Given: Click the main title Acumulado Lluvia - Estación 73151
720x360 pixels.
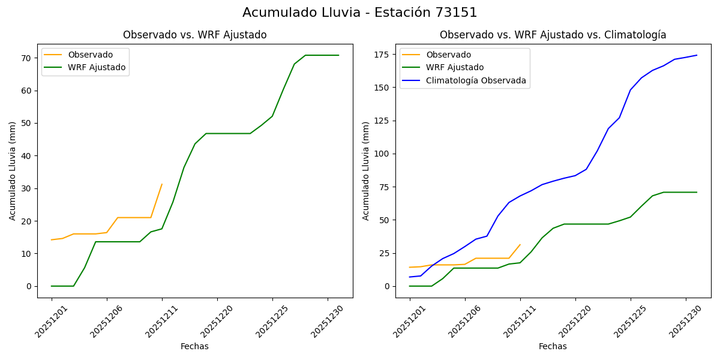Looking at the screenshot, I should (x=360, y=13).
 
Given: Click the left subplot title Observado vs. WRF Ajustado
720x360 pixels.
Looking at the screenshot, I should (x=194, y=35).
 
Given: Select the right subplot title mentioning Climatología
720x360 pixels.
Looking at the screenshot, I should (x=553, y=35).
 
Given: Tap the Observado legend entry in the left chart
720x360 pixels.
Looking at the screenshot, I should (x=90, y=55).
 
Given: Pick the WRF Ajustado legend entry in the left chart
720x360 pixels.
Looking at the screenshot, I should (x=97, y=67).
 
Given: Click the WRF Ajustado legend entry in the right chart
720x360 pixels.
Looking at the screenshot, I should (x=455, y=67).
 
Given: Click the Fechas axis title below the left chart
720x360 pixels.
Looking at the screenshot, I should (x=194, y=346).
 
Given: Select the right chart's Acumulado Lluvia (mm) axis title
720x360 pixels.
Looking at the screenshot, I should (x=366, y=171).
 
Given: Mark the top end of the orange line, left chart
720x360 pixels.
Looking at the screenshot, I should (x=162, y=184).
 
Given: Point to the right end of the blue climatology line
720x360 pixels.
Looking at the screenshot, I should (x=697, y=55).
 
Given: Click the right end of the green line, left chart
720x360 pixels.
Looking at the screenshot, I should (x=338, y=55).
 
